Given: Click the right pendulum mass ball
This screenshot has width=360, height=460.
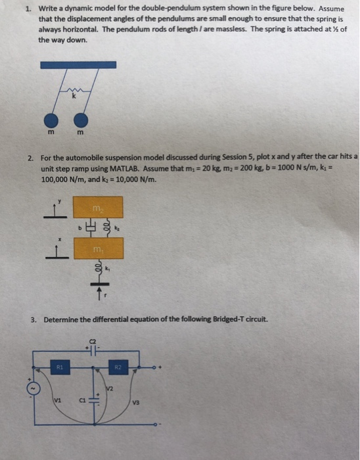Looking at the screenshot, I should pos(81,120).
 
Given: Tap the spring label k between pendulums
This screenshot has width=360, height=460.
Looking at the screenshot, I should pos(74,97).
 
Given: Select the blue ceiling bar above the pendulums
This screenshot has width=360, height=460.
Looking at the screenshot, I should pos(78,65).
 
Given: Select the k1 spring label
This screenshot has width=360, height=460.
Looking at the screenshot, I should pos(110,269).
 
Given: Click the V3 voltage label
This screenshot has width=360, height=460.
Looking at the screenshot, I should pos(137,402).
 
